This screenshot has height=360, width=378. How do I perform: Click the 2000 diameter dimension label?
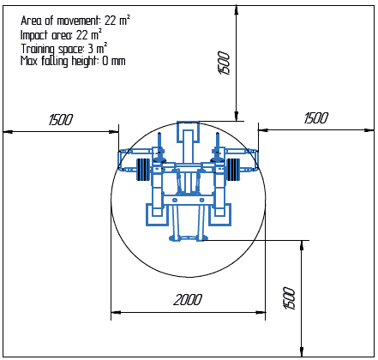click(188, 300)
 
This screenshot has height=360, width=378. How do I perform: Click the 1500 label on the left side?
click(61, 120)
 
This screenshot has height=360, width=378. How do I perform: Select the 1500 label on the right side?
click(316, 118)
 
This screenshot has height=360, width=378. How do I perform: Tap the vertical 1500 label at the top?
click(224, 63)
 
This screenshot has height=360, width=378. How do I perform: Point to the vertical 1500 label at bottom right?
click(290, 298)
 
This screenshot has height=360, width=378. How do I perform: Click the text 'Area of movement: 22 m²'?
click(75, 21)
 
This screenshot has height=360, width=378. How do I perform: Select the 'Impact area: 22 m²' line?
click(61, 35)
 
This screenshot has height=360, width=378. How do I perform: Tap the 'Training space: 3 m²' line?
click(64, 49)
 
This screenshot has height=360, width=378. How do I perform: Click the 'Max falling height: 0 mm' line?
click(73, 61)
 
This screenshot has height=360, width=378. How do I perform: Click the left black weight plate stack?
click(143, 170)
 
